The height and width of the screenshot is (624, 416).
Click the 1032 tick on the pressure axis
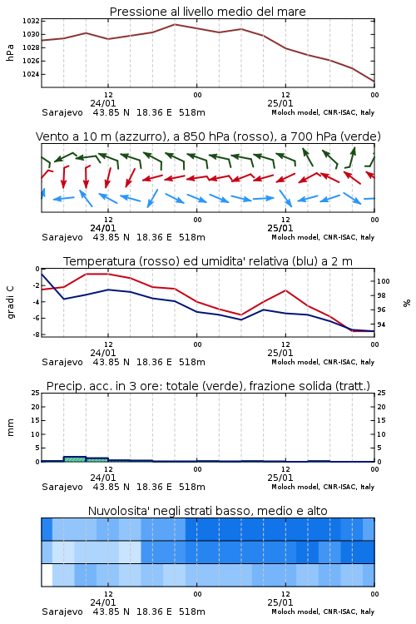point(31,21)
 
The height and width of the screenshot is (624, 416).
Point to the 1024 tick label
point(31,74)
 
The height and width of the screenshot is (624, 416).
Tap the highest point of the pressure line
point(175,24)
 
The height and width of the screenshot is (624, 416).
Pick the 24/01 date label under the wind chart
point(102,228)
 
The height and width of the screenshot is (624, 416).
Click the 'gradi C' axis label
point(10,302)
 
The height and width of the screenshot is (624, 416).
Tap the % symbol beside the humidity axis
point(407,303)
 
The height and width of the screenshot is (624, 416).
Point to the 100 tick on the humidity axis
point(384,281)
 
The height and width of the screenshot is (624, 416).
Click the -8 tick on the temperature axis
point(36,334)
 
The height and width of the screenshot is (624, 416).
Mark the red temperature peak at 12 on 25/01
point(285,290)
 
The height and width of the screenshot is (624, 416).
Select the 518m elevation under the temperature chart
point(192,362)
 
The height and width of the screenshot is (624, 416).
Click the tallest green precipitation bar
point(74,458)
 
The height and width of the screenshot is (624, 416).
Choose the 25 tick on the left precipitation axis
point(36,393)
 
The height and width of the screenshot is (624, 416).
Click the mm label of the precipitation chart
point(10,428)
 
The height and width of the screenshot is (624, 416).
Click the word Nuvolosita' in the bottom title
point(116,511)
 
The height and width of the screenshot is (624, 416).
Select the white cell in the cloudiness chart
point(47,575)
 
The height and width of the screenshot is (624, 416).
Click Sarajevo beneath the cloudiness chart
point(62,612)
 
